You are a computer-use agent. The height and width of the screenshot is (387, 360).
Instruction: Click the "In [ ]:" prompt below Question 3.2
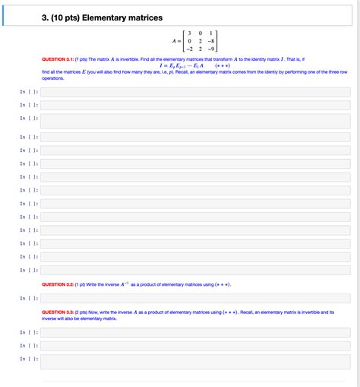click(30, 299)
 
